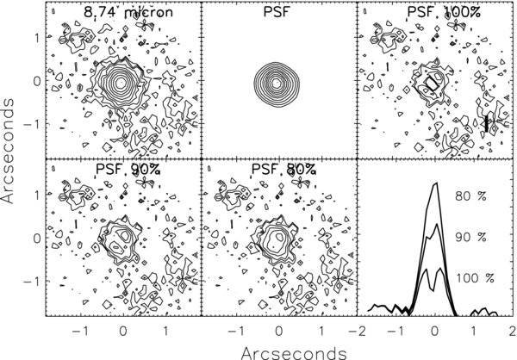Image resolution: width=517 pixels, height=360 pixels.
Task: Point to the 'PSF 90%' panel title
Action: pyautogui.click(x=122, y=170)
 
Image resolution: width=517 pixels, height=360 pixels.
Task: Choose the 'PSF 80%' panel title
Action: pyautogui.click(x=277, y=170)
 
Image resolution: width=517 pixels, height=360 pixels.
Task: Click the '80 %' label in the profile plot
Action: pyautogui.click(x=472, y=196)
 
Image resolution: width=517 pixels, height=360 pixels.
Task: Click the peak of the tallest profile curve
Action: pyautogui.click(x=437, y=183)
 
